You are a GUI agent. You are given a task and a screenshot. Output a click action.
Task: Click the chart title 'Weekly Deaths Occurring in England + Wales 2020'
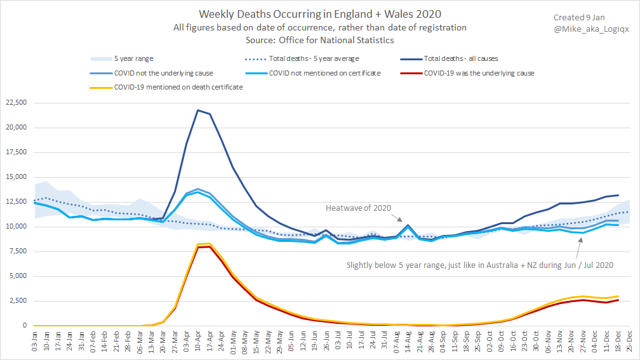pos(320,14)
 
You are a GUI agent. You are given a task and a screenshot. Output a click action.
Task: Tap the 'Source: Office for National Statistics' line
pos(320,40)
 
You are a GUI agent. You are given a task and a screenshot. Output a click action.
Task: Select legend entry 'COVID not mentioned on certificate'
pos(324,73)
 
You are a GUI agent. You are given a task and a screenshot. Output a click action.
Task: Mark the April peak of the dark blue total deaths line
pos(198,110)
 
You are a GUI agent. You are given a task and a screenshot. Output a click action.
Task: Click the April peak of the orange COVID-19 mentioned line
pos(209,244)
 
